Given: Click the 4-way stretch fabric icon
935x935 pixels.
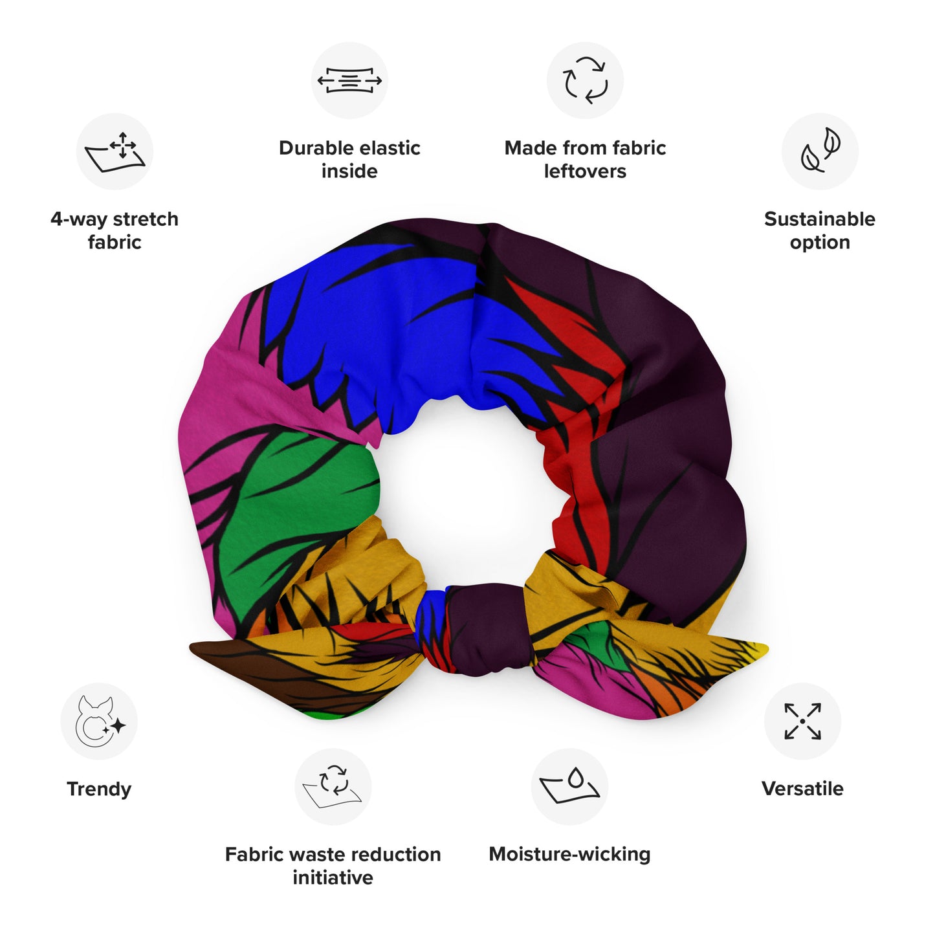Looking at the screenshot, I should [x=115, y=152].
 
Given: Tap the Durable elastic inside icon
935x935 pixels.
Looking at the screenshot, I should [x=349, y=81].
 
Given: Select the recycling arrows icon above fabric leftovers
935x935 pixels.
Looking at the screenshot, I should [x=585, y=81].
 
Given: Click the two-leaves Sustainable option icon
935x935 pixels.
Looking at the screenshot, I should [x=820, y=152].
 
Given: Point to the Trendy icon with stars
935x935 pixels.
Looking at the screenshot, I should [x=99, y=721].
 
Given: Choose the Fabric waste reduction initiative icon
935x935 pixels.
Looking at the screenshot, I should [x=333, y=787].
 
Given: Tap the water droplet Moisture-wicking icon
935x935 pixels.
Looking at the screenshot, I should [x=569, y=787].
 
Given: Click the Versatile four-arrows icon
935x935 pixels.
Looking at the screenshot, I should [x=802, y=721].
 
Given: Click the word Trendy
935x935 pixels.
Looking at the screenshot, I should [x=99, y=789].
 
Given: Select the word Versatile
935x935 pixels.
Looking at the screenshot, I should [x=802, y=789].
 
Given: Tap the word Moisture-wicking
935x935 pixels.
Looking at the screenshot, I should [x=569, y=854].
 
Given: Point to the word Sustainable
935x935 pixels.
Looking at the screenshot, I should [x=820, y=219].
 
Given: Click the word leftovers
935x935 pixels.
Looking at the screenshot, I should [x=585, y=171].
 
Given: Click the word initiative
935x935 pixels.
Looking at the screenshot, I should [x=333, y=877].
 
